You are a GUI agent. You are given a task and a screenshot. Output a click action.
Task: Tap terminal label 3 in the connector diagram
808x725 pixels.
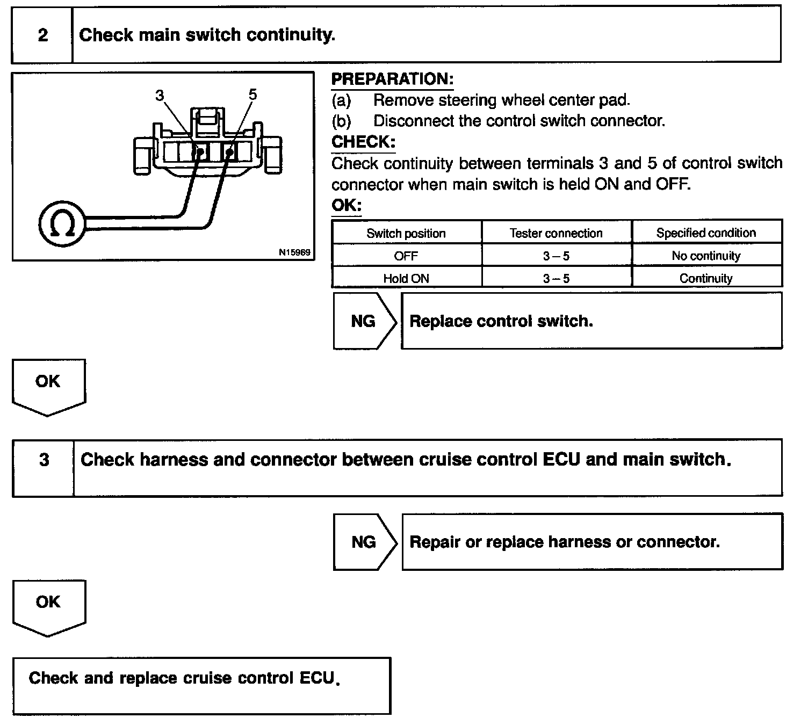(159, 96)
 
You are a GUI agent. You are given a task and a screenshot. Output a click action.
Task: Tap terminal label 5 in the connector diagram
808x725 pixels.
(252, 95)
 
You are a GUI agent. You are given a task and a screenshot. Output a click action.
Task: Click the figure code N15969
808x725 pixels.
(294, 252)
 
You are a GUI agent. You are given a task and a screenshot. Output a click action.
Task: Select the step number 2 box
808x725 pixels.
(42, 35)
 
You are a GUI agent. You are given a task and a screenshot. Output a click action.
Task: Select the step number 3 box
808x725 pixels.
(44, 460)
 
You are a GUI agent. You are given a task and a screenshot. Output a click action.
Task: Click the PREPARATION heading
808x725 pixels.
(392, 79)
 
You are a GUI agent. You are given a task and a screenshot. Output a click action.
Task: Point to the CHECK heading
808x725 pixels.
(363, 142)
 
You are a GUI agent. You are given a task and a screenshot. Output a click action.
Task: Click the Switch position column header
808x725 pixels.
(406, 234)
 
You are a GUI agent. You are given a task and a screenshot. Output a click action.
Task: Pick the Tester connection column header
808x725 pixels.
(556, 234)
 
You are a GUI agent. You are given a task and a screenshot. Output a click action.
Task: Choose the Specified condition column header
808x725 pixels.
(706, 233)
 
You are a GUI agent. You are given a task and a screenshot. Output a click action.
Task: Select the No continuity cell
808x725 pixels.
(706, 256)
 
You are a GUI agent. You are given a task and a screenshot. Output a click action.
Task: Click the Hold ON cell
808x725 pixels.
(406, 278)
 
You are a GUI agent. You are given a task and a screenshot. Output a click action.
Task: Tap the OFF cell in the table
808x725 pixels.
(406, 256)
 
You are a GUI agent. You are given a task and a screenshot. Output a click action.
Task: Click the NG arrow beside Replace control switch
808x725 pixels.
(364, 321)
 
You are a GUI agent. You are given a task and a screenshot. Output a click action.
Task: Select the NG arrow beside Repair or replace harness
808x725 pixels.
(364, 542)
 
